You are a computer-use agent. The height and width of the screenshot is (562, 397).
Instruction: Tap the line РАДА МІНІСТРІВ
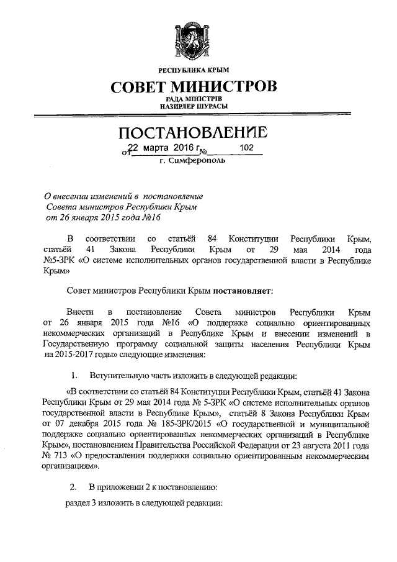(x=198, y=99)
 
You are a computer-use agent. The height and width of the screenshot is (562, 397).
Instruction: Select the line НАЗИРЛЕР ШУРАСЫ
(x=198, y=107)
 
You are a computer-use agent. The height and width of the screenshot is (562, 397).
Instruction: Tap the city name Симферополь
(x=202, y=161)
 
